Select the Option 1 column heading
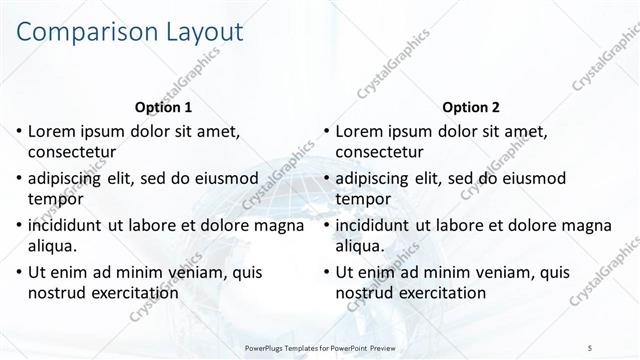pyautogui.click(x=162, y=107)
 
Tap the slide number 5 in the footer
pyautogui.click(x=591, y=346)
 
